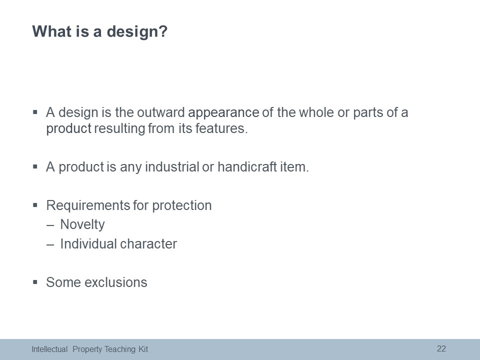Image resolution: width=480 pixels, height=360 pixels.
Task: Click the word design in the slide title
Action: tap(132, 32)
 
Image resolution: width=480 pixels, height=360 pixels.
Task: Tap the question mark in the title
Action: tap(163, 31)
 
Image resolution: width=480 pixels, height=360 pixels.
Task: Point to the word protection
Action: tap(182, 206)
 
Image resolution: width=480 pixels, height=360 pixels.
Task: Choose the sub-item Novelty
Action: tap(82, 225)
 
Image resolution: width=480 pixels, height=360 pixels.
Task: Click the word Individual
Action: tap(88, 244)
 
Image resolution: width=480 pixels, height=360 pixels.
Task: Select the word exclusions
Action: tap(115, 282)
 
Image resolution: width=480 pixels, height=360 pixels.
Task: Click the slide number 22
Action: tap(441, 348)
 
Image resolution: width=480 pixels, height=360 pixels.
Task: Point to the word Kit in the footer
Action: tap(143, 349)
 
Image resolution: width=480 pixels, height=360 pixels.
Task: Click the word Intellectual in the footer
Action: tap(49, 349)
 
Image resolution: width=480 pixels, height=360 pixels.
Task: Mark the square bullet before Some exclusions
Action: tap(35, 282)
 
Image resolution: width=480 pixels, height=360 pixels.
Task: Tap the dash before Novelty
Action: tap(50, 225)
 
